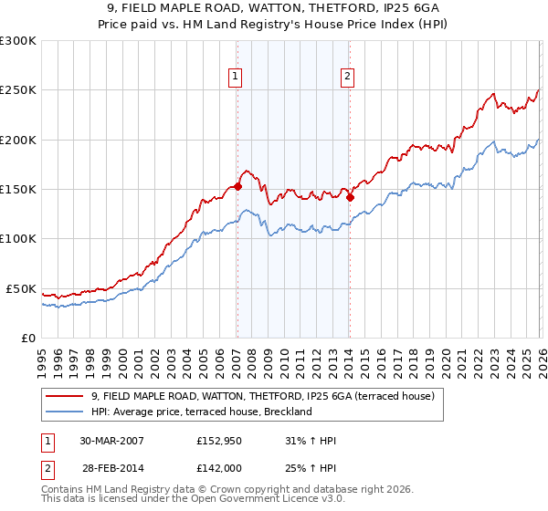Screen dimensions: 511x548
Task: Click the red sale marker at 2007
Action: [237, 186]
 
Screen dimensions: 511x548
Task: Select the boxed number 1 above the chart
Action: [237, 77]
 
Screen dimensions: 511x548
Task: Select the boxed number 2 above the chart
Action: [349, 77]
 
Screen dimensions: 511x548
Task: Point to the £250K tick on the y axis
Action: [18, 90]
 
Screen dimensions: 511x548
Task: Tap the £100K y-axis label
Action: [18, 238]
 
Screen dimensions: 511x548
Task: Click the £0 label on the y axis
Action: [27, 338]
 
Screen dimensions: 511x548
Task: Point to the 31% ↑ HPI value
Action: [311, 441]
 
